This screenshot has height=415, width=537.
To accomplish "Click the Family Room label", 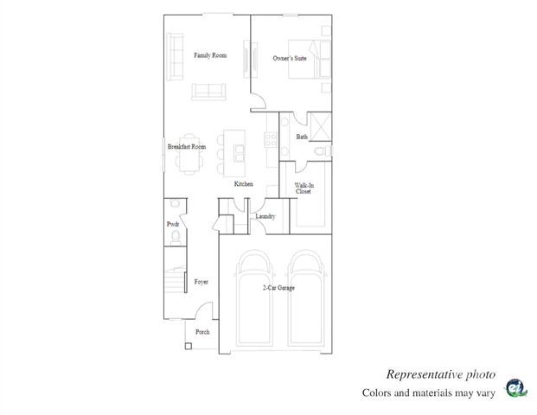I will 210,56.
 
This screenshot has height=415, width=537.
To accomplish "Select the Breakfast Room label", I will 186,148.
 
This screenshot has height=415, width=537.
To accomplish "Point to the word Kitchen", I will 244,184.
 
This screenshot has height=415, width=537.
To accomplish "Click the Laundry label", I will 265,216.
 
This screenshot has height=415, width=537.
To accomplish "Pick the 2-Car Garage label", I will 278,288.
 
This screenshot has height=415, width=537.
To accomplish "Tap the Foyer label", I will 201,282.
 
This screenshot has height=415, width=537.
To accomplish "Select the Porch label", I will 202,332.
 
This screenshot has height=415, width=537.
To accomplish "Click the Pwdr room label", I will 172,225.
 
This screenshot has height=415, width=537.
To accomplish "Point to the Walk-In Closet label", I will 304,189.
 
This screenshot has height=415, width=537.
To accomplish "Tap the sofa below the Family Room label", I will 208,91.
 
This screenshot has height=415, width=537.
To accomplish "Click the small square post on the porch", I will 188,347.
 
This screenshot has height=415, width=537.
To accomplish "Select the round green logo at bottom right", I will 515,388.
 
